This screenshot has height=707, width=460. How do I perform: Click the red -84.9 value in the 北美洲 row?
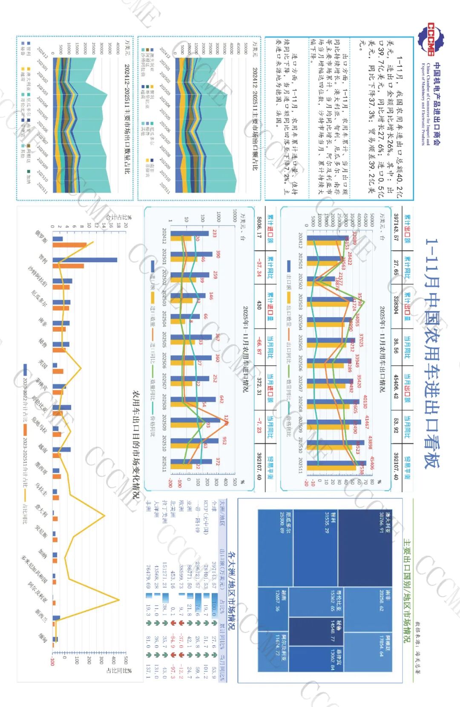[173, 639]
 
